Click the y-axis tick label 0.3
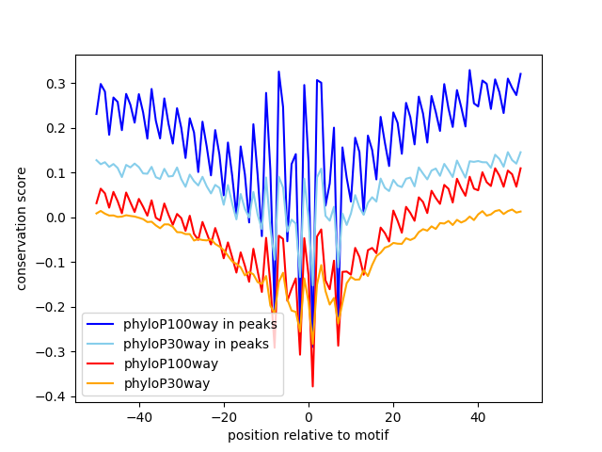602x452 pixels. tap(56, 84)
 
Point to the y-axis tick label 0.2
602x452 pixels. tap(56, 128)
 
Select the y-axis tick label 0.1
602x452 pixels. tap(56, 173)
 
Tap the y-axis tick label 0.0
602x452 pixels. tap(56, 218)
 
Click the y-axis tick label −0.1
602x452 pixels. tap(51, 263)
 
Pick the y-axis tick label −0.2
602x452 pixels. tap(51, 308)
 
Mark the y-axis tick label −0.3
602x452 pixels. tap(51, 352)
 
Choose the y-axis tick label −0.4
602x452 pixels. tap(51, 397)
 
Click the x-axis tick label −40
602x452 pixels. tap(139, 417)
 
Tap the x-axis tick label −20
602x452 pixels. tap(224, 417)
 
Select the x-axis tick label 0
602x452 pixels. tap(309, 417)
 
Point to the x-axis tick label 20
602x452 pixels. tap(393, 417)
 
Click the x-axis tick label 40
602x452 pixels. tap(479, 417)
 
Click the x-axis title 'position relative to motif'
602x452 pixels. tap(309, 435)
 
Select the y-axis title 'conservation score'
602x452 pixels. tap(21, 229)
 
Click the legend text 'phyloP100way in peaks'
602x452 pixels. tap(200, 324)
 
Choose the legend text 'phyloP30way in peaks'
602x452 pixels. tap(196, 344)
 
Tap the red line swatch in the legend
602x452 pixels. tap(101, 363)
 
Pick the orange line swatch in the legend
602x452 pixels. tap(101, 383)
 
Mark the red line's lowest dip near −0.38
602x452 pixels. tap(312, 386)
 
